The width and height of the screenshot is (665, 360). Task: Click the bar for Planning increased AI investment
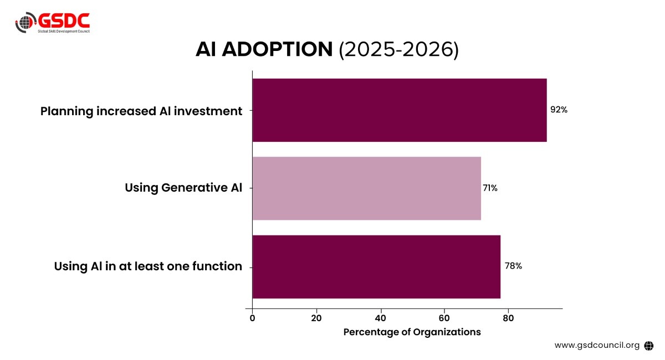coord(399,110)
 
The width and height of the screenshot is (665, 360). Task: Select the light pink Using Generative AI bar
coord(366,188)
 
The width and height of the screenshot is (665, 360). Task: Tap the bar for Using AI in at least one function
coord(376,266)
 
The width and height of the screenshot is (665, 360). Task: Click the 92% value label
coord(559,110)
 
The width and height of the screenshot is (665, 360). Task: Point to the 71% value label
coord(490,188)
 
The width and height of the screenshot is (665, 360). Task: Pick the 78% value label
coord(513,266)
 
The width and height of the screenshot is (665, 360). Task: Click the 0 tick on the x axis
coord(253,318)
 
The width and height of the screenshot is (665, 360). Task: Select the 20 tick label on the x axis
coord(316,318)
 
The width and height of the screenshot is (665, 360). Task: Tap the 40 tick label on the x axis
coord(380,318)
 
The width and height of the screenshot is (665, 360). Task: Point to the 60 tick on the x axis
coord(444,318)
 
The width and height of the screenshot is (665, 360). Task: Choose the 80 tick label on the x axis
coord(508,318)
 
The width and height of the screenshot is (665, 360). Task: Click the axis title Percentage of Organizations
coord(412,332)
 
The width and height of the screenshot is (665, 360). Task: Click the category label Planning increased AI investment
coord(141,111)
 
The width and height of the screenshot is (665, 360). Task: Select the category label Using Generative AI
coord(183,188)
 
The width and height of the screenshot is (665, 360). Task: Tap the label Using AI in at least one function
coord(148,266)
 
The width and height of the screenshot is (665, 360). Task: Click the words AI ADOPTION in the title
coord(264,50)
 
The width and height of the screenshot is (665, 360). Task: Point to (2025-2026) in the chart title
coord(399,50)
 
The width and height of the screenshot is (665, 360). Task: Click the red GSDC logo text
coord(63,21)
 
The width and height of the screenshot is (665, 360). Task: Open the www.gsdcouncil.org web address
coord(597,345)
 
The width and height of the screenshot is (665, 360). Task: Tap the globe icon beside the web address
coord(649,345)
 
